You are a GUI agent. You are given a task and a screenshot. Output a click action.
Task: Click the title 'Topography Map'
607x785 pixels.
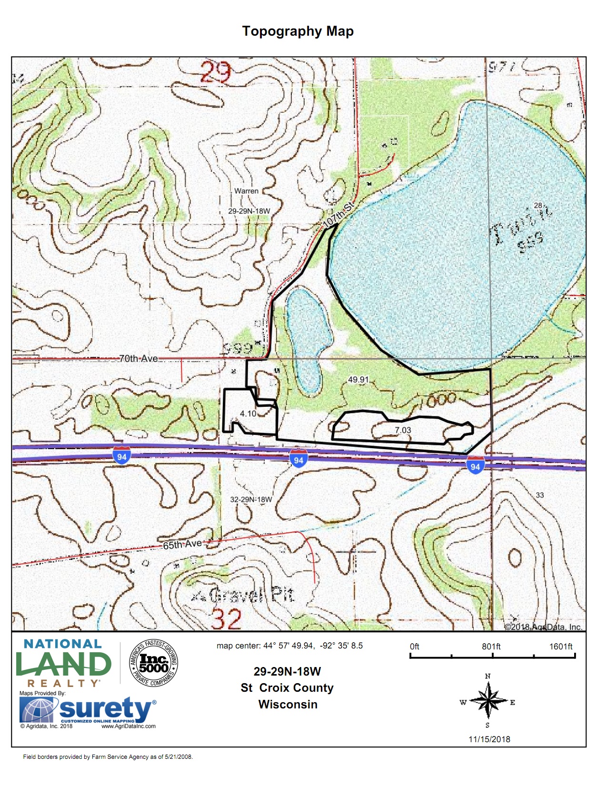pyautogui.click(x=298, y=31)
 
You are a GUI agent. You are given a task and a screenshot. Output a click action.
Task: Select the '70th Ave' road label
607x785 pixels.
pyautogui.click(x=138, y=358)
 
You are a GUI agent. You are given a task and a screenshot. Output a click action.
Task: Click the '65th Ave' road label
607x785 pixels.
pyautogui.click(x=182, y=544)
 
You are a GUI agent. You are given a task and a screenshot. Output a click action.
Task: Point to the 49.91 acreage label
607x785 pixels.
pyautogui.click(x=358, y=380)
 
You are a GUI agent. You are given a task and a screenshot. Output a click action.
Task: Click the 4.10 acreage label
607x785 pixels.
pyautogui.click(x=248, y=413)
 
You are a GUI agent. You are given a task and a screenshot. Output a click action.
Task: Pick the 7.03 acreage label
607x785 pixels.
pyautogui.click(x=403, y=430)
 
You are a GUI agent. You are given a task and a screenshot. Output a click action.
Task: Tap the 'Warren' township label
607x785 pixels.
pyautogui.click(x=246, y=191)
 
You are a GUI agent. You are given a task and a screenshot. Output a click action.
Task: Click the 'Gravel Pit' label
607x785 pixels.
pyautogui.click(x=251, y=595)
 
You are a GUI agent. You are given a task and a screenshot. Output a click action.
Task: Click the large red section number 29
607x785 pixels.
pyautogui.click(x=215, y=73)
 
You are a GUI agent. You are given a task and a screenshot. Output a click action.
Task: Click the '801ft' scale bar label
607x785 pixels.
pyautogui.click(x=491, y=647)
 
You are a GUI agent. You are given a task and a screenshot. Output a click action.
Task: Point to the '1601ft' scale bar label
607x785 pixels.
pyautogui.click(x=561, y=647)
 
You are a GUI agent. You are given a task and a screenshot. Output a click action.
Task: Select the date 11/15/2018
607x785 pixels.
pyautogui.click(x=489, y=739)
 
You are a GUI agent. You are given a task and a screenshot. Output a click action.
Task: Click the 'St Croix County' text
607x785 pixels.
pyautogui.click(x=287, y=688)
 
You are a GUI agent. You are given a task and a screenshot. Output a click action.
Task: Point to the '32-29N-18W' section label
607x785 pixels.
pyautogui.click(x=251, y=500)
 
